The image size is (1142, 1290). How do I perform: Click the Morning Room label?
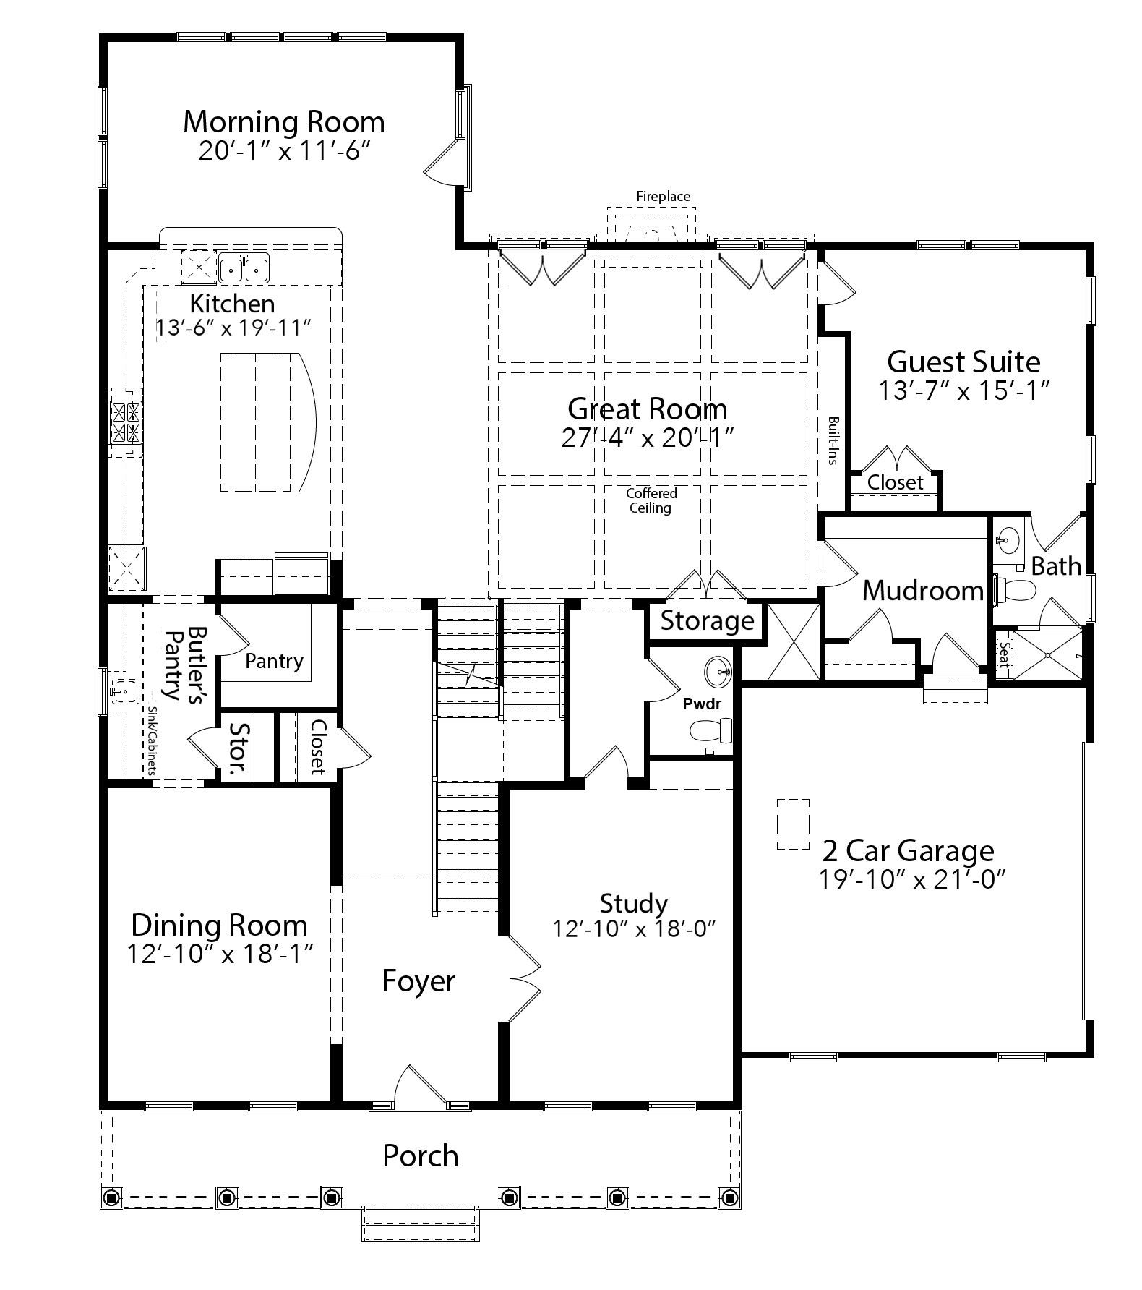tap(283, 121)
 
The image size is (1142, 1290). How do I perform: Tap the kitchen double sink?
tap(244, 269)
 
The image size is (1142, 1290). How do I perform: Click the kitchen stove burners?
tap(125, 422)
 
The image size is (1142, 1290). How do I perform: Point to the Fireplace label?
tap(663, 196)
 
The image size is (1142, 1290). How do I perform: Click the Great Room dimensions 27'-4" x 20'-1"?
tap(648, 437)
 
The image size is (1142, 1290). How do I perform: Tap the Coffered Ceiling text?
tap(651, 500)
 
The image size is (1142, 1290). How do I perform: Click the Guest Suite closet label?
tap(895, 482)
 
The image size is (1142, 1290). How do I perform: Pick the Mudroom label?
tap(923, 591)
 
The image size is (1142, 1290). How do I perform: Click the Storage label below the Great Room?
tap(707, 620)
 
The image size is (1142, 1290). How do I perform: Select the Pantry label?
tap(273, 661)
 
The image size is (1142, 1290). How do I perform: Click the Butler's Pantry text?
tap(184, 663)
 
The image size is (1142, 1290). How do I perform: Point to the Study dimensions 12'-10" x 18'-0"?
tap(634, 928)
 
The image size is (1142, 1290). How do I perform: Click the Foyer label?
tap(418, 981)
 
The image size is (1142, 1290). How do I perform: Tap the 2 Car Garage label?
tap(909, 850)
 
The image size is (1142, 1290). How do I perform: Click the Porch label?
tap(420, 1156)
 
